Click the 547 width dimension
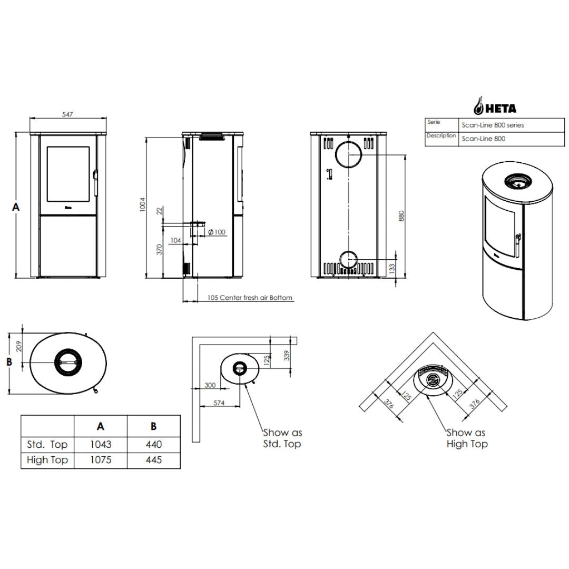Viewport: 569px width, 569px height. pyautogui.click(x=67, y=114)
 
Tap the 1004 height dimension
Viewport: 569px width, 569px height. pyautogui.click(x=143, y=204)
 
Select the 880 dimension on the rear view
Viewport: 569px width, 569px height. pyautogui.click(x=401, y=217)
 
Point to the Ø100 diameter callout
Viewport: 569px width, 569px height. pyautogui.click(x=217, y=232)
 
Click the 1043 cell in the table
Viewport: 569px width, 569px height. pyautogui.click(x=101, y=444)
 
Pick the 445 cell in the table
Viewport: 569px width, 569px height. pyautogui.click(x=153, y=460)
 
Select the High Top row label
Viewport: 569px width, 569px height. pyautogui.click(x=47, y=460)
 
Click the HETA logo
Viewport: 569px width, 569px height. pyautogui.click(x=495, y=106)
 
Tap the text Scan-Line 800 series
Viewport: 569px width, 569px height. pyautogui.click(x=493, y=125)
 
